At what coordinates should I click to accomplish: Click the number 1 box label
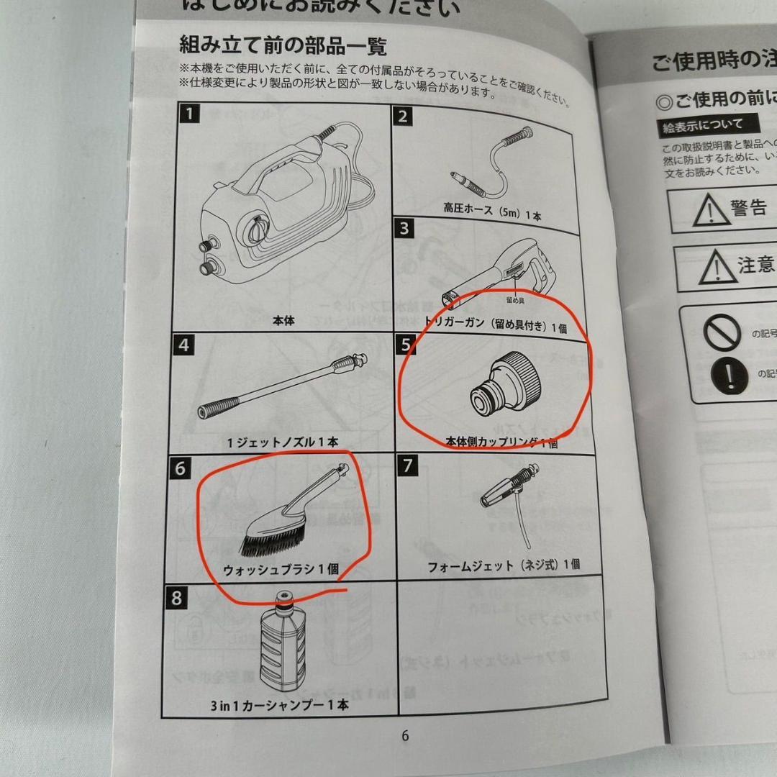click(x=188, y=114)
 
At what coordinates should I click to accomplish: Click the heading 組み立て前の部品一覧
click(x=283, y=46)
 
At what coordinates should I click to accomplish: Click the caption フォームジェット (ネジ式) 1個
click(x=504, y=565)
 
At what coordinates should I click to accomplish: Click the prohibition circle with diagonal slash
click(x=722, y=332)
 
